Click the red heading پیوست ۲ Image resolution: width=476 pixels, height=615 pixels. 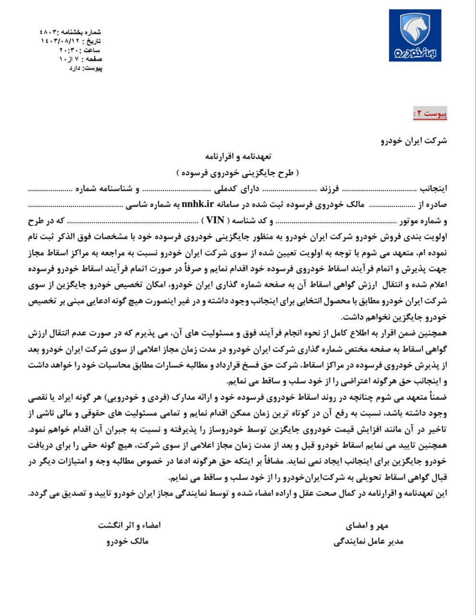tap(430, 114)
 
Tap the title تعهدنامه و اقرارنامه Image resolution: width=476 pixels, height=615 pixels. tap(238, 156)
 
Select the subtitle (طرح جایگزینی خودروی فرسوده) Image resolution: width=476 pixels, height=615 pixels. tap(238, 172)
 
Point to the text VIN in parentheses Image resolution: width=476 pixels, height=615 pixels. tap(215, 221)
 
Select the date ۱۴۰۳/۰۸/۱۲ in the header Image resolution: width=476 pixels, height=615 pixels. tap(57, 41)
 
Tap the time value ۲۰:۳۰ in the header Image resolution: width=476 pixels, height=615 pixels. tap(69, 50)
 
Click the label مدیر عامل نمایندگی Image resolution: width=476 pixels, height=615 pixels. tap(368, 541)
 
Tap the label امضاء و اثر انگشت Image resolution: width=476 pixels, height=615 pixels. tap(129, 525)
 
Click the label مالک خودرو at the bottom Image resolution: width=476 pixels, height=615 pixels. tap(127, 541)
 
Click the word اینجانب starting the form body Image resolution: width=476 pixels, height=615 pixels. tap(434, 188)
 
